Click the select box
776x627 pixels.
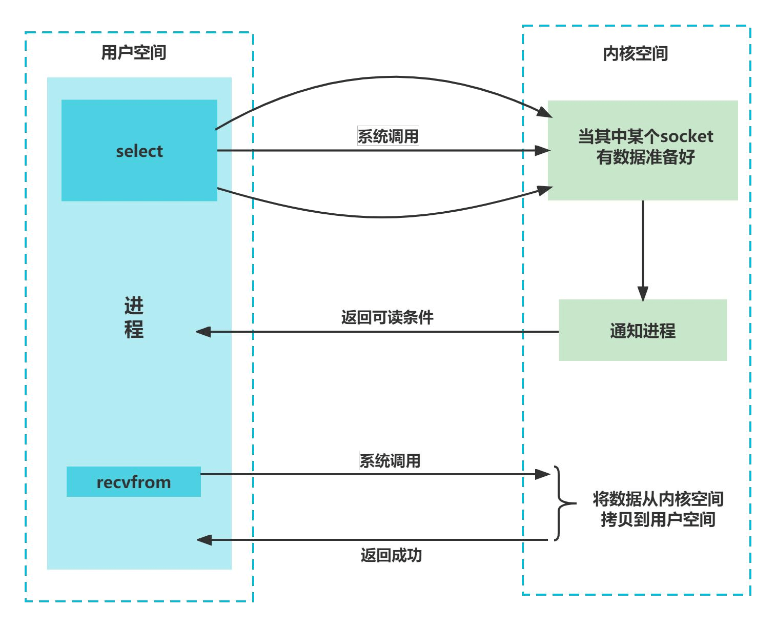coord(139,150)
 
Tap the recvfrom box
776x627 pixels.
coord(133,481)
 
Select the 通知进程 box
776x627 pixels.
coord(642,330)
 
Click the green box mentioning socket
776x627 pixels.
coord(642,150)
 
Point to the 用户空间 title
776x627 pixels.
coord(133,52)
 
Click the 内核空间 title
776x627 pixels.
coord(635,53)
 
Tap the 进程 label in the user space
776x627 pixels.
coord(134,317)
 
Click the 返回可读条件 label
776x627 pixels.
coord(387,317)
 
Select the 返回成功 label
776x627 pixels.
coord(391,555)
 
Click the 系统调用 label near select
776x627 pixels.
coord(388,136)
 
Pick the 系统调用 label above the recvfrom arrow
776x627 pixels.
coord(390,460)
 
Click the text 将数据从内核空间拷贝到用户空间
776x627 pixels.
coord(658,509)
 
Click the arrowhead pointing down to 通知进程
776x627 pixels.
coord(643,293)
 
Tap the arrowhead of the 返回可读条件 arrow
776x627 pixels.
coord(204,332)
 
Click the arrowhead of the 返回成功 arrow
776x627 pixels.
coord(205,539)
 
